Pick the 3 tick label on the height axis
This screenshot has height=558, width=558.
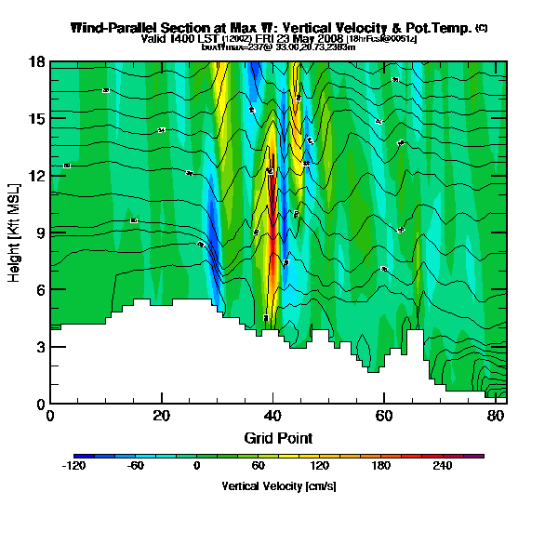click(x=41, y=347)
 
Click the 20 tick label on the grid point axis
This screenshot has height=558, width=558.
click(x=162, y=416)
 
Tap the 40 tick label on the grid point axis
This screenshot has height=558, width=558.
click(x=272, y=416)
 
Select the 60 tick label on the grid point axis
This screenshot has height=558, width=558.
click(x=384, y=416)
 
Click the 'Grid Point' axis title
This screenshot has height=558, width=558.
click(x=278, y=437)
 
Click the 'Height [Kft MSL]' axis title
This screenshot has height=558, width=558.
click(x=15, y=232)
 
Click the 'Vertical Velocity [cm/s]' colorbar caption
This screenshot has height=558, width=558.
click(x=278, y=486)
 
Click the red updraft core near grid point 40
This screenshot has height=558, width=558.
click(x=272, y=214)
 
